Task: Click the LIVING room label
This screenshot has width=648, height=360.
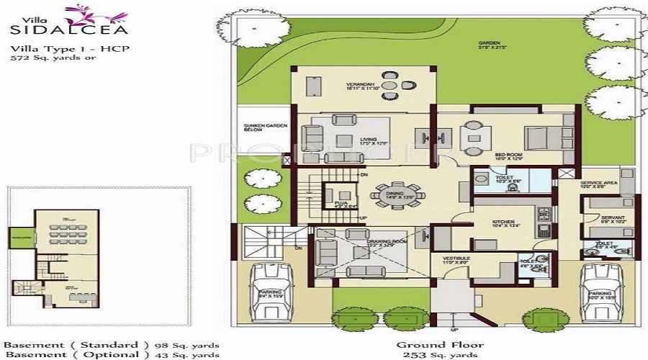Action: (x=369, y=140)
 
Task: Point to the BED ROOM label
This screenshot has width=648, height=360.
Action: (x=509, y=155)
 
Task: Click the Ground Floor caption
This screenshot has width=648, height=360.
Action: (x=440, y=345)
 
